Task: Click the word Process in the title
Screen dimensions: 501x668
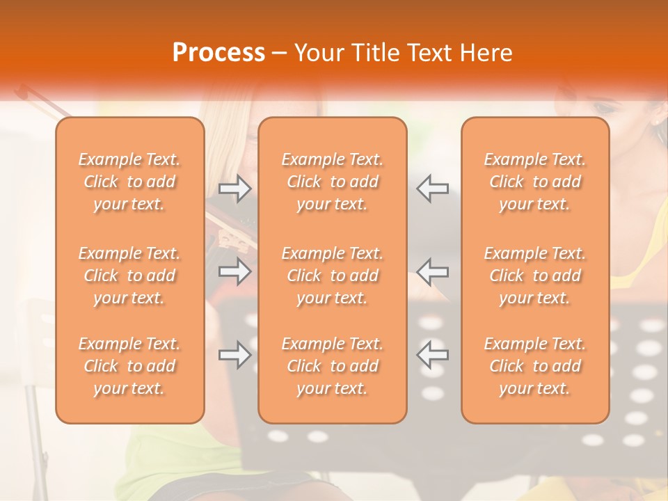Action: tap(218, 53)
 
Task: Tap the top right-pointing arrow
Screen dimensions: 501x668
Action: tap(235, 189)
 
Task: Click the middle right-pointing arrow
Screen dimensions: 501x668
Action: tap(235, 271)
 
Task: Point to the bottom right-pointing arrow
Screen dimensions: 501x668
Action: tap(235, 355)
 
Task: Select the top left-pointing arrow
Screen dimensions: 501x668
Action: tap(432, 189)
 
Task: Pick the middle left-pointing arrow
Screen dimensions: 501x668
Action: tap(432, 271)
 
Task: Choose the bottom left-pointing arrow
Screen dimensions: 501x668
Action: tap(432, 355)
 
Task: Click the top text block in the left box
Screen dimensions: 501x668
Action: tap(129, 182)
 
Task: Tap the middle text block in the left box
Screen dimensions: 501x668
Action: tap(129, 276)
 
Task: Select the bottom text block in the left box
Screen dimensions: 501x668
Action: tap(129, 366)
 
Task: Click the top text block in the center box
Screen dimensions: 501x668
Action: tap(333, 182)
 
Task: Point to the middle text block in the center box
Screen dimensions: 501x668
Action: tap(333, 276)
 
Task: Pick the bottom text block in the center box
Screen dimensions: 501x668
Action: tap(333, 366)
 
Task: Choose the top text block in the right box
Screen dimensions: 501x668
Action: tap(535, 182)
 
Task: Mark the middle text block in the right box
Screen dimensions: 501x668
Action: tap(535, 276)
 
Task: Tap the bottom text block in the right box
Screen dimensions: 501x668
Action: tap(535, 366)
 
